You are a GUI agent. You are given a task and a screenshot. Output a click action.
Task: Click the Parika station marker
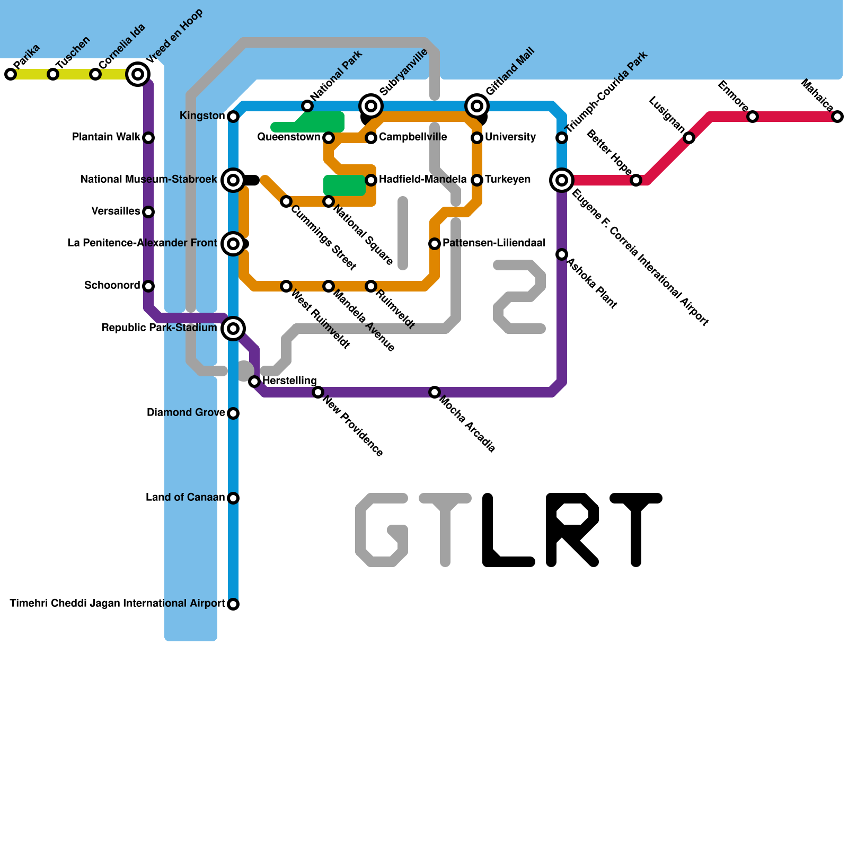coord(11,74)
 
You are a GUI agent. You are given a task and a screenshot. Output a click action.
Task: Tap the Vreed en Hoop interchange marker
coord(138,74)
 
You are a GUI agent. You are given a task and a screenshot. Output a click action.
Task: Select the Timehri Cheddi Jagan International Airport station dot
coord(233,604)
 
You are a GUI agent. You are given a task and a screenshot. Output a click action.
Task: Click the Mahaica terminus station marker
coord(837,117)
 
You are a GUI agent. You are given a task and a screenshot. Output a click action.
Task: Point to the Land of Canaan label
coord(185,498)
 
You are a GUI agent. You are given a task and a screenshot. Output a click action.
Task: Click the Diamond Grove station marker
coord(233,413)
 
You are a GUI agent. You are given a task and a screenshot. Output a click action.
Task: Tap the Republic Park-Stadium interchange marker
coord(233,329)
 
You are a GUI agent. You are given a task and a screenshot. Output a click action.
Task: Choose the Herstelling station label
coord(289,381)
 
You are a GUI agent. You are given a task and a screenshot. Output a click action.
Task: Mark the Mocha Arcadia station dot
coord(435,392)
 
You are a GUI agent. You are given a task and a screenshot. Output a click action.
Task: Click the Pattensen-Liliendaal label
coord(493,243)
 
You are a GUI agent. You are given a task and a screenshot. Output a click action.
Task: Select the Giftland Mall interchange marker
coord(477,106)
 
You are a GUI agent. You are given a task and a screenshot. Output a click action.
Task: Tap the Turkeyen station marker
coord(477,180)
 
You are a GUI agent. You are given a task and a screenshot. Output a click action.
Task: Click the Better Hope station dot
coord(636,180)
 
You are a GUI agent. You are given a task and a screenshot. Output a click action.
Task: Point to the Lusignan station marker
coord(689,138)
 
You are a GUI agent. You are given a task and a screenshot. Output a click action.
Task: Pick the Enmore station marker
coord(753,117)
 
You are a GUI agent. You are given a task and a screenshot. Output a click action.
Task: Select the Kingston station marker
coord(233,117)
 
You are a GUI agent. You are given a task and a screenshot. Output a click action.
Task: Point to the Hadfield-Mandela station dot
coord(371,180)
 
